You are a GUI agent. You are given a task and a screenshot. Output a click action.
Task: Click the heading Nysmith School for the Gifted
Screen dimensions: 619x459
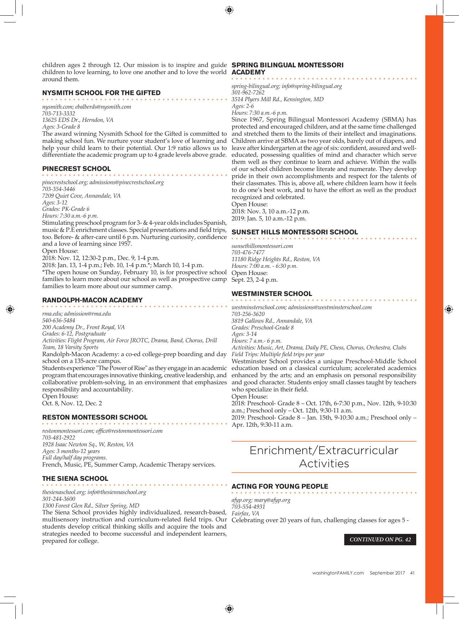coord(101,93)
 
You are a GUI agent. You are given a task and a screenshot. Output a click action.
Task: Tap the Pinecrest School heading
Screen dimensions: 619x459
coord(76,169)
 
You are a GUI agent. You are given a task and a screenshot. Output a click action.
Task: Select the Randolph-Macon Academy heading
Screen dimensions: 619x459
coord(92,300)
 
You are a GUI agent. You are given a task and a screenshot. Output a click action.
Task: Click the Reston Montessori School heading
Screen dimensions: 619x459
coord(95,417)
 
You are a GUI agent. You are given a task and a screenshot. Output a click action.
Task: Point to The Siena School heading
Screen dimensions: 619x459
coord(75,479)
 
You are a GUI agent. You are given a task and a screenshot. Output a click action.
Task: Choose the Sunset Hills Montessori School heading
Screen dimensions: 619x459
coord(295,232)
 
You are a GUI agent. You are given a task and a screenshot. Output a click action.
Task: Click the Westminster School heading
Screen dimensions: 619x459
coord(272,294)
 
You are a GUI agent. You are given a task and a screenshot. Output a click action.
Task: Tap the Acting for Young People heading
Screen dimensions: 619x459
coord(280,487)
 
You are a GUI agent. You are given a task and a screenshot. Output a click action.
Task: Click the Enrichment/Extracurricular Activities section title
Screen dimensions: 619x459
coord(324,457)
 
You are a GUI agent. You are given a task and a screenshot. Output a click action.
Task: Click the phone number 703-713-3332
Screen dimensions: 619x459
coord(59,113)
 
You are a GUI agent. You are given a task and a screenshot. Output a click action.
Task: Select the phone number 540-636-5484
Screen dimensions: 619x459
coord(59,321)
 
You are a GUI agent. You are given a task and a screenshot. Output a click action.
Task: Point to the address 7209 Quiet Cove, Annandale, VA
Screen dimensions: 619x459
coord(81,196)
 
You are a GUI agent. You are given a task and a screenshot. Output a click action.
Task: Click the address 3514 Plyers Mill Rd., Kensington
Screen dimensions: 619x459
coord(278,99)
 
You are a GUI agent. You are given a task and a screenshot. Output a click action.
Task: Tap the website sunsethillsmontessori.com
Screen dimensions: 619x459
coord(262,246)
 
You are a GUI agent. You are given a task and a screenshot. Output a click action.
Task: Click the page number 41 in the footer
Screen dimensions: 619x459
coord(412,573)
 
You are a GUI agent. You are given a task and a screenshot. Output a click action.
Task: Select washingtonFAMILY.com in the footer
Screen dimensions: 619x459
coord(338,573)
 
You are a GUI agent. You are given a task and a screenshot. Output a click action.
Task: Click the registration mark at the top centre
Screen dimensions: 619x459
coord(229,10)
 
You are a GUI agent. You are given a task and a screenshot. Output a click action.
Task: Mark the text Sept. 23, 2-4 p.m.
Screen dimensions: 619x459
coord(254,280)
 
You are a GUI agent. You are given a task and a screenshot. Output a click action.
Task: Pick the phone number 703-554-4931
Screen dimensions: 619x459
coord(248,507)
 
